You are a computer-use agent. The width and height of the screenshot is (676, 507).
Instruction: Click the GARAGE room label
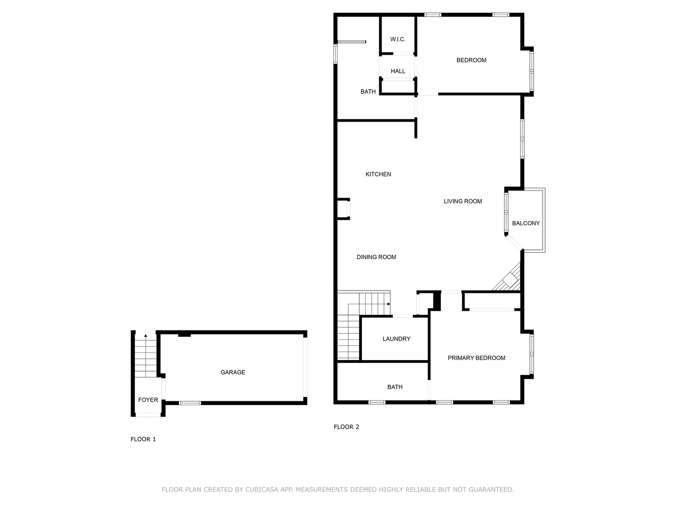[232, 372]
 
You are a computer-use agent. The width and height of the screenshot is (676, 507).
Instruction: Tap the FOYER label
[148, 400]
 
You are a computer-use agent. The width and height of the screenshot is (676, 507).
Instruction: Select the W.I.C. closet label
[398, 39]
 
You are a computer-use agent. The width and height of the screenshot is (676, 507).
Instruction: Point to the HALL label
[398, 71]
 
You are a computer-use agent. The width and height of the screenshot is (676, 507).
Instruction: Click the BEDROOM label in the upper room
[471, 60]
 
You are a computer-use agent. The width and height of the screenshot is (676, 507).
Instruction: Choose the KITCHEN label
[378, 174]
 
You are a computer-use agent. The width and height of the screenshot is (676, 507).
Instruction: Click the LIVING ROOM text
[462, 201]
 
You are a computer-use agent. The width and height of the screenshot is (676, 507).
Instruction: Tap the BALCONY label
[526, 223]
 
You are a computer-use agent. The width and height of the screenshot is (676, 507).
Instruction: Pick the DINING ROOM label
[376, 257]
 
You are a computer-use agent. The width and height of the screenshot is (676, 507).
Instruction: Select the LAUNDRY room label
[396, 339]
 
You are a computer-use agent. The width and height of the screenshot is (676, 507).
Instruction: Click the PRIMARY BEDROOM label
[476, 358]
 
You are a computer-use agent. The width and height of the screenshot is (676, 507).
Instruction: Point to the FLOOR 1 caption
[143, 439]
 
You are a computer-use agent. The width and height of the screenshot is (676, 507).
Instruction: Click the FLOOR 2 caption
[346, 427]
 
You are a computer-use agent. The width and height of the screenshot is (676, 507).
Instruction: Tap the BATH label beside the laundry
[395, 387]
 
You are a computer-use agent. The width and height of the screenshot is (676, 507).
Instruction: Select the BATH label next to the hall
[368, 92]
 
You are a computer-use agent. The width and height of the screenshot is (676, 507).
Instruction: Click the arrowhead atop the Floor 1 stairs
[146, 336]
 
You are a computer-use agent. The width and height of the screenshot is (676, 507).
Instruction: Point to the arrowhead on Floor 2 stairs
[389, 304]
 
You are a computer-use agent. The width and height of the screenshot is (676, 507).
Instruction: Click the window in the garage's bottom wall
[190, 403]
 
